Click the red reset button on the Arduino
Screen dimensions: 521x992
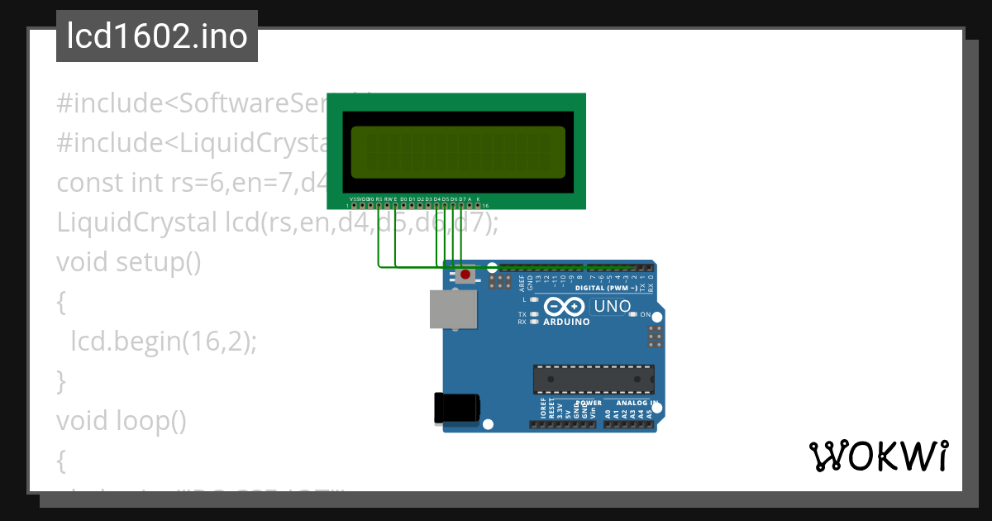tap(465, 275)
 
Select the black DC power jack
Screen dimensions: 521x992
tap(456, 409)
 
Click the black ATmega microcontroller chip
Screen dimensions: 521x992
tap(594, 378)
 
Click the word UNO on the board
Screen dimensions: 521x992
tap(613, 307)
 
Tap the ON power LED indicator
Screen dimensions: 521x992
tap(633, 314)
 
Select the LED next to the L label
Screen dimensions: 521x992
tap(534, 299)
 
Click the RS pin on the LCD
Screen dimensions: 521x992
tap(379, 205)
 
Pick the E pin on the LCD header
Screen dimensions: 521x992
tap(395, 205)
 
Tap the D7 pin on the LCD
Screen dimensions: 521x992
tap(461, 205)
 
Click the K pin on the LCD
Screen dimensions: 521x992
tap(478, 205)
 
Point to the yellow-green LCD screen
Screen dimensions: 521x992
tap(458, 153)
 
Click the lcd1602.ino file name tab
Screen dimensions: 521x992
tap(157, 36)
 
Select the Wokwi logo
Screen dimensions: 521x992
tap(878, 456)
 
